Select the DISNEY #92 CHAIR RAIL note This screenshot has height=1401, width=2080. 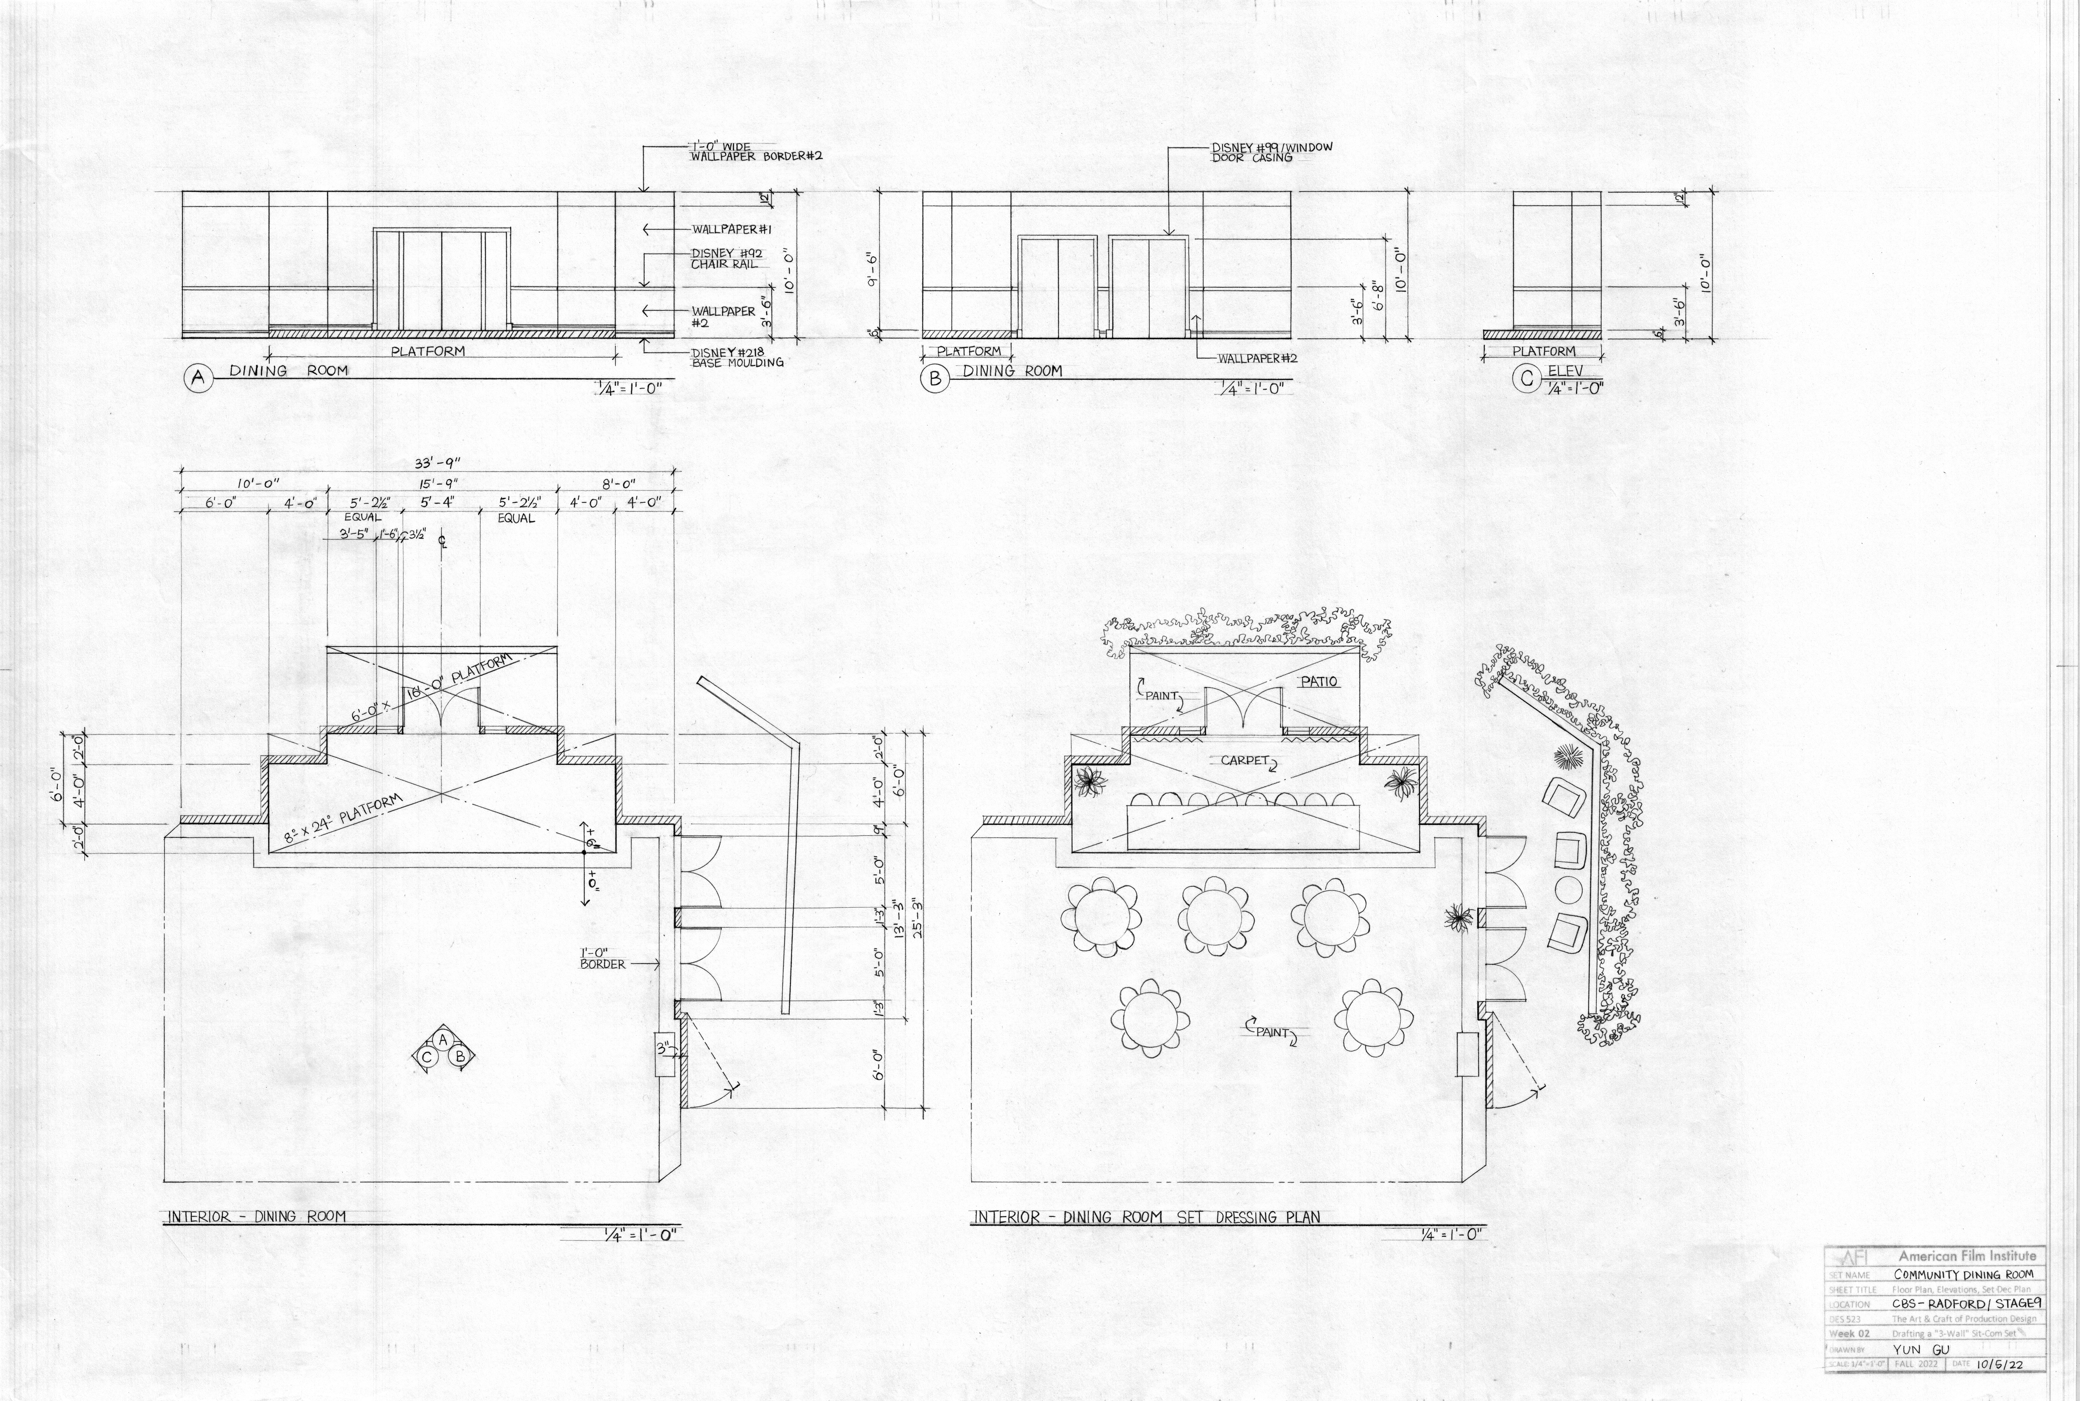pos(725,258)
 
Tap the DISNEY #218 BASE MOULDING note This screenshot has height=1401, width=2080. pos(738,356)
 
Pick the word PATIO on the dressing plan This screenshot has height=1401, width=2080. pos(1319,682)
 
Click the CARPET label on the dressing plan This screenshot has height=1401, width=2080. pos(1240,760)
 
